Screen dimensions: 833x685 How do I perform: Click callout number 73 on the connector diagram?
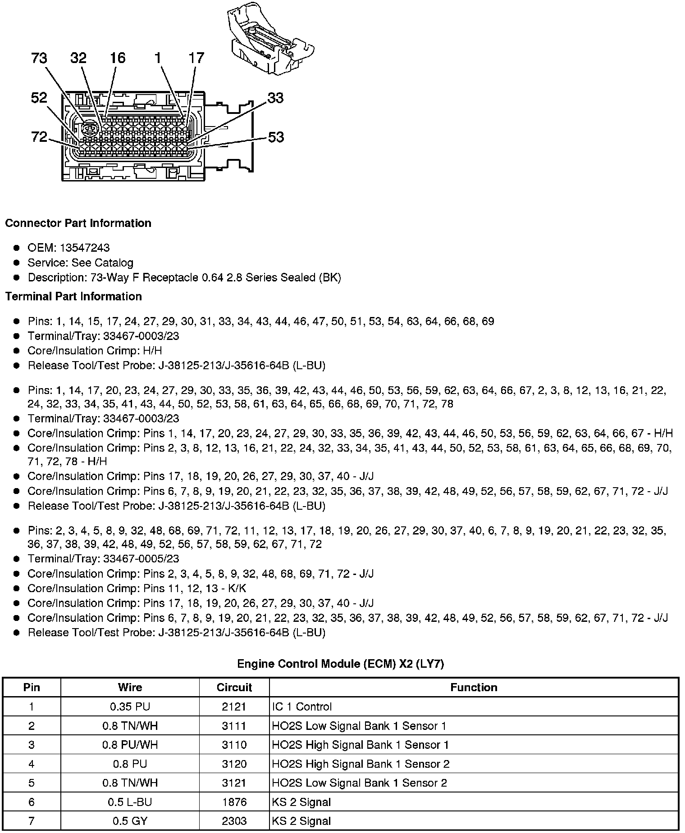click(x=39, y=58)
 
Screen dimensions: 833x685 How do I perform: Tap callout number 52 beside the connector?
click(x=39, y=97)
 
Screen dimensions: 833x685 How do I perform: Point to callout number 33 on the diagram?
click(x=275, y=98)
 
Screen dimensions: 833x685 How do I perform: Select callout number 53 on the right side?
click(x=276, y=137)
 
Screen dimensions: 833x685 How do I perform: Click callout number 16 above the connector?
click(x=118, y=58)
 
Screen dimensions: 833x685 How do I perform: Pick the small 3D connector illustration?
click(x=269, y=38)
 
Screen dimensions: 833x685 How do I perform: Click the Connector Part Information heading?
click(x=78, y=223)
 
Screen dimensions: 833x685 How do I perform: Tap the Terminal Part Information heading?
click(x=73, y=296)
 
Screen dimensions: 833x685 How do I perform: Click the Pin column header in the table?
click(x=32, y=688)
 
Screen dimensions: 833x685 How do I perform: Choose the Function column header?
click(x=474, y=688)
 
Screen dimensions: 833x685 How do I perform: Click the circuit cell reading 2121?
click(x=234, y=707)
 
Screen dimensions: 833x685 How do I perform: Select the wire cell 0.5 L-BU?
click(x=130, y=802)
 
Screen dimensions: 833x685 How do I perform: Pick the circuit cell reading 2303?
click(x=234, y=821)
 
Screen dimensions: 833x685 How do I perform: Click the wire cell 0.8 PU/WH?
click(x=130, y=745)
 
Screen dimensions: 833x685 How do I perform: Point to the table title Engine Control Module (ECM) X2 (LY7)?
click(x=341, y=664)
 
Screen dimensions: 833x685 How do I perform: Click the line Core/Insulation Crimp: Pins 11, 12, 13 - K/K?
click(x=137, y=589)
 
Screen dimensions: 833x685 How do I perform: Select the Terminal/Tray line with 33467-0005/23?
click(x=103, y=559)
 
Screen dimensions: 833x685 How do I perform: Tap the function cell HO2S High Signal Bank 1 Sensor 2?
click(x=361, y=764)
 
